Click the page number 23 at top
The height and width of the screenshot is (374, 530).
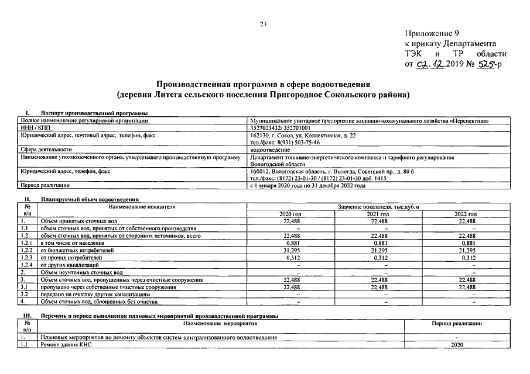click(x=264, y=24)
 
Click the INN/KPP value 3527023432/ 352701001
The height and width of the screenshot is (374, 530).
click(x=281, y=127)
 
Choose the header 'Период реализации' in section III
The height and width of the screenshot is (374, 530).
click(x=457, y=323)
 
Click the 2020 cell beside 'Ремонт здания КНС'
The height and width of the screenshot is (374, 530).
click(x=457, y=345)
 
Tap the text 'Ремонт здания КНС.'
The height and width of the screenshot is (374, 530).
click(x=66, y=345)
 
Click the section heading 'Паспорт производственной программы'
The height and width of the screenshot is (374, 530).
click(x=93, y=113)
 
